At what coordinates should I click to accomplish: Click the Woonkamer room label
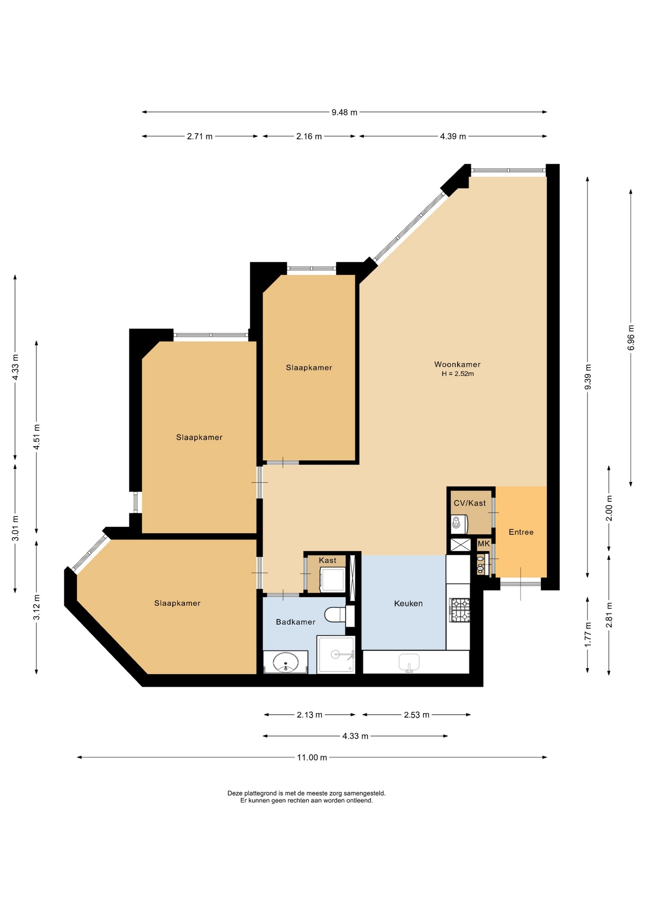(457, 364)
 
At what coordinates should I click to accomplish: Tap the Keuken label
(408, 603)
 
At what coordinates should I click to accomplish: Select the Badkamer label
(295, 622)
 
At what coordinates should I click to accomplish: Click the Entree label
(521, 532)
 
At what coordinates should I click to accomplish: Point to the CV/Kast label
(470, 503)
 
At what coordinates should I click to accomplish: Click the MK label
(483, 544)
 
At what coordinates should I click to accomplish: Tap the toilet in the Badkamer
(335, 614)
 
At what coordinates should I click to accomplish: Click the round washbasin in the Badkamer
(285, 662)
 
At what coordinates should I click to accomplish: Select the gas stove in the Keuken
(460, 610)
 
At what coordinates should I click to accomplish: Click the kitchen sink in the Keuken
(409, 662)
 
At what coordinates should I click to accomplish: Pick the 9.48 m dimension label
(344, 113)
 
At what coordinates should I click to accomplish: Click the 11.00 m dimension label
(312, 758)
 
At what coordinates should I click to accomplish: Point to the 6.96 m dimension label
(631, 338)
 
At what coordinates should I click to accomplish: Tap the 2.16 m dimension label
(309, 136)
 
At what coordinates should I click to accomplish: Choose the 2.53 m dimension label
(417, 715)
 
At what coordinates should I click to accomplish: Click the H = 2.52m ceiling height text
(458, 374)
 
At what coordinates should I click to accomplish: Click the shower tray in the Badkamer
(336, 654)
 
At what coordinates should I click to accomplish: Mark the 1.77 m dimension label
(588, 634)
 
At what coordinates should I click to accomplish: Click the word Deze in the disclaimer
(235, 793)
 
